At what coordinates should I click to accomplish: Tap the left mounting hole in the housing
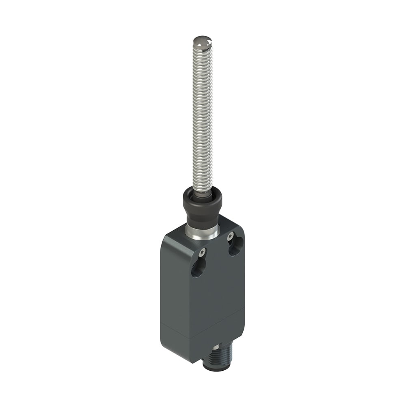[x=199, y=268]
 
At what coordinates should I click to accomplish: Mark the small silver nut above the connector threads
[x=214, y=348]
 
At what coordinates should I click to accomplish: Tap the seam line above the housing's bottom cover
[x=203, y=321]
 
